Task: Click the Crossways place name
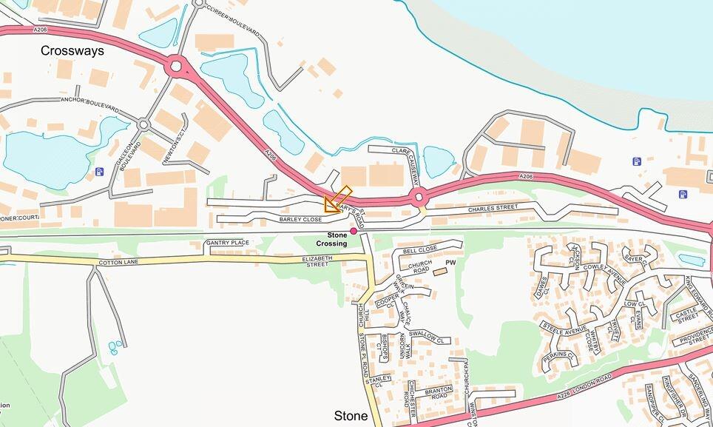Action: click(x=72, y=51)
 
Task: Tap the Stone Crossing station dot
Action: click(x=354, y=231)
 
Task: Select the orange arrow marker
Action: click(x=335, y=201)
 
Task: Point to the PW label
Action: click(x=450, y=263)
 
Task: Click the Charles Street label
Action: click(x=493, y=209)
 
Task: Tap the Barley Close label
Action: click(x=300, y=220)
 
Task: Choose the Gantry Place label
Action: click(x=228, y=243)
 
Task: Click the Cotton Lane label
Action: click(x=118, y=263)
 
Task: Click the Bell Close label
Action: click(x=421, y=249)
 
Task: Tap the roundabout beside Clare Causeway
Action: click(x=419, y=197)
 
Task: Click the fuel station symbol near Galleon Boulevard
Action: click(x=100, y=172)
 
